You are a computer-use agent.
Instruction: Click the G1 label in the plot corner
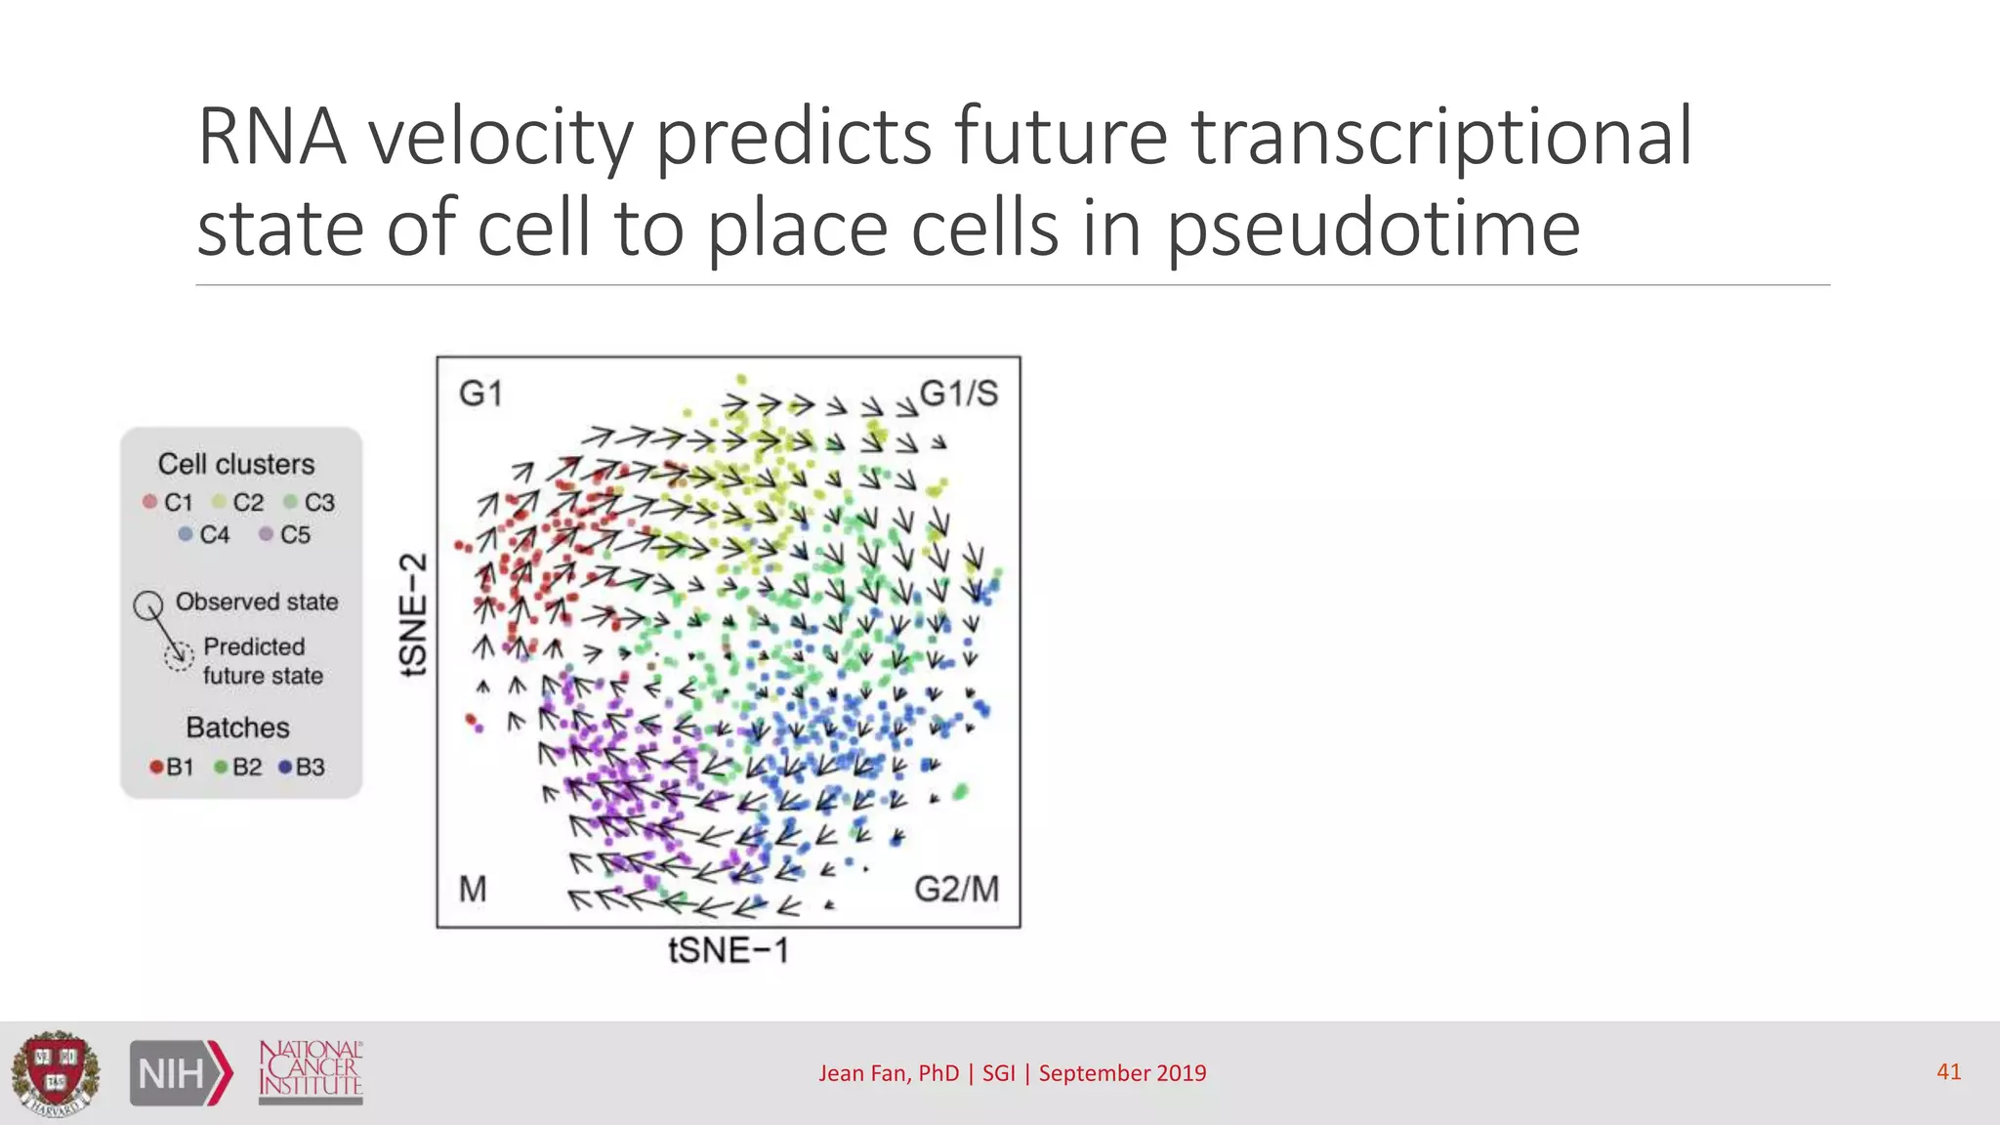pyautogui.click(x=480, y=394)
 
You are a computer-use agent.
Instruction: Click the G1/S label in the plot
pyautogui.click(x=958, y=394)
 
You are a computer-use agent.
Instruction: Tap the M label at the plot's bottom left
pyautogui.click(x=473, y=889)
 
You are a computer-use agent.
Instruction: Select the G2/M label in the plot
pyautogui.click(x=956, y=889)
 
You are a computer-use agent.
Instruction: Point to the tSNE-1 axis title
pyautogui.click(x=729, y=950)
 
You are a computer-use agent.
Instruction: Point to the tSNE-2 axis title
pyautogui.click(x=414, y=614)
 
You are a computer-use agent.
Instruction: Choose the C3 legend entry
pyautogui.click(x=310, y=502)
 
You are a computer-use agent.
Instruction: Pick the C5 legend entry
pyautogui.click(x=285, y=534)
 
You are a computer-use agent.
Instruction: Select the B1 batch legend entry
pyautogui.click(x=172, y=767)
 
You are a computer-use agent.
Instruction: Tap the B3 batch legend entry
pyautogui.click(x=302, y=767)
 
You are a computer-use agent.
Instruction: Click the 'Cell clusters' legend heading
pyautogui.click(x=236, y=464)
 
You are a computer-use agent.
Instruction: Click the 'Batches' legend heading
pyautogui.click(x=237, y=728)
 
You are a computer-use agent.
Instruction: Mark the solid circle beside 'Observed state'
pyautogui.click(x=148, y=605)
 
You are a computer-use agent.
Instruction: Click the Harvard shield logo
pyautogui.click(x=56, y=1073)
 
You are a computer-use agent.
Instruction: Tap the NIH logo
pyautogui.click(x=181, y=1073)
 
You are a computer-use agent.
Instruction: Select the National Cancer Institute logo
pyautogui.click(x=311, y=1071)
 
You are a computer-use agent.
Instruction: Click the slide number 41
pyautogui.click(x=1948, y=1071)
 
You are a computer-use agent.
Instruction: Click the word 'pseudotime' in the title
pyautogui.click(x=1373, y=228)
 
